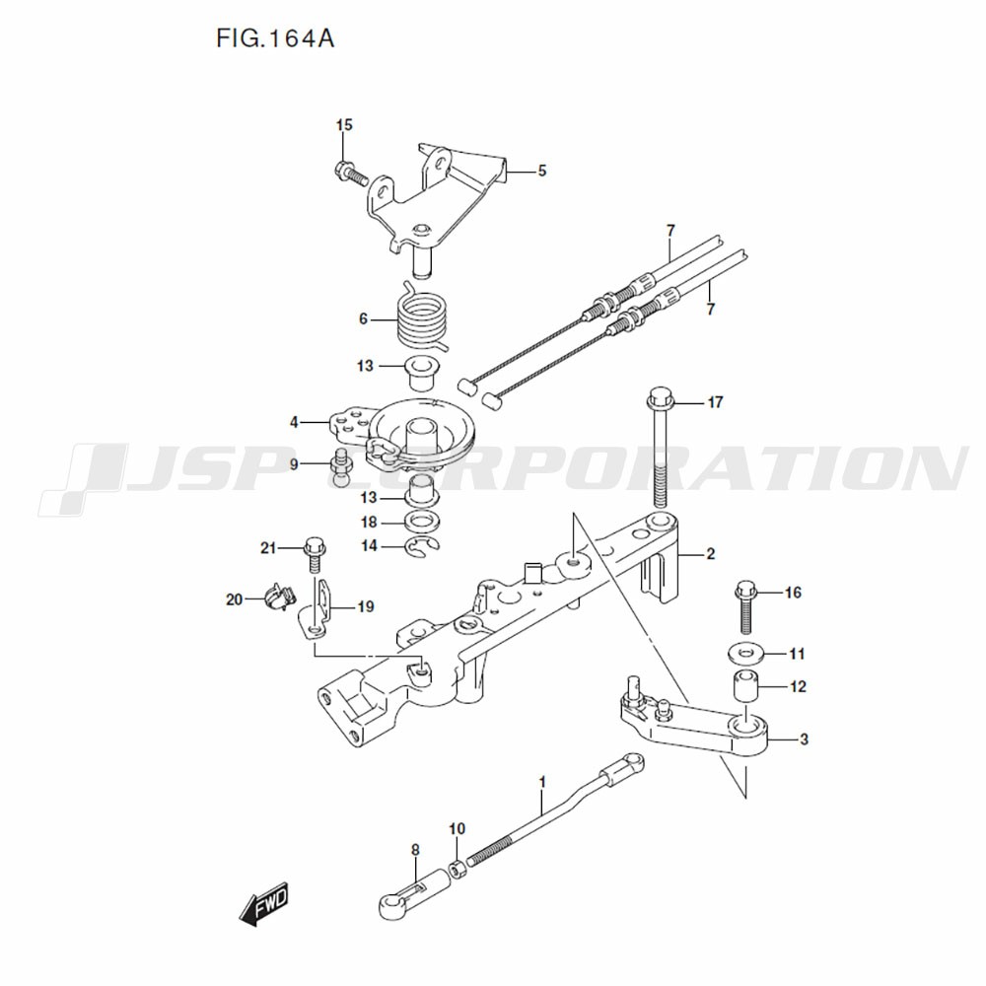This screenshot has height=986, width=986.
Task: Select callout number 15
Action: [344, 125]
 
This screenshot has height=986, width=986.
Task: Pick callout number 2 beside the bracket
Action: [710, 554]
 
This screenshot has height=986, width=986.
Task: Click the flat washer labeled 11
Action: [747, 653]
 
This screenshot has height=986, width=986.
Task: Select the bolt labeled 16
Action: [746, 607]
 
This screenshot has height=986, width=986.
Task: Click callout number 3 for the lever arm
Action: [805, 739]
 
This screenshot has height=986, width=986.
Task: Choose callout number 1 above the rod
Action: [541, 783]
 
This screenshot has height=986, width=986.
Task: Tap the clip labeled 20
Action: [275, 598]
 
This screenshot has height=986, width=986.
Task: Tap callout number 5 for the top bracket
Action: [541, 171]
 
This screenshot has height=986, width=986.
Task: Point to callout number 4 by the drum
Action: [294, 423]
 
